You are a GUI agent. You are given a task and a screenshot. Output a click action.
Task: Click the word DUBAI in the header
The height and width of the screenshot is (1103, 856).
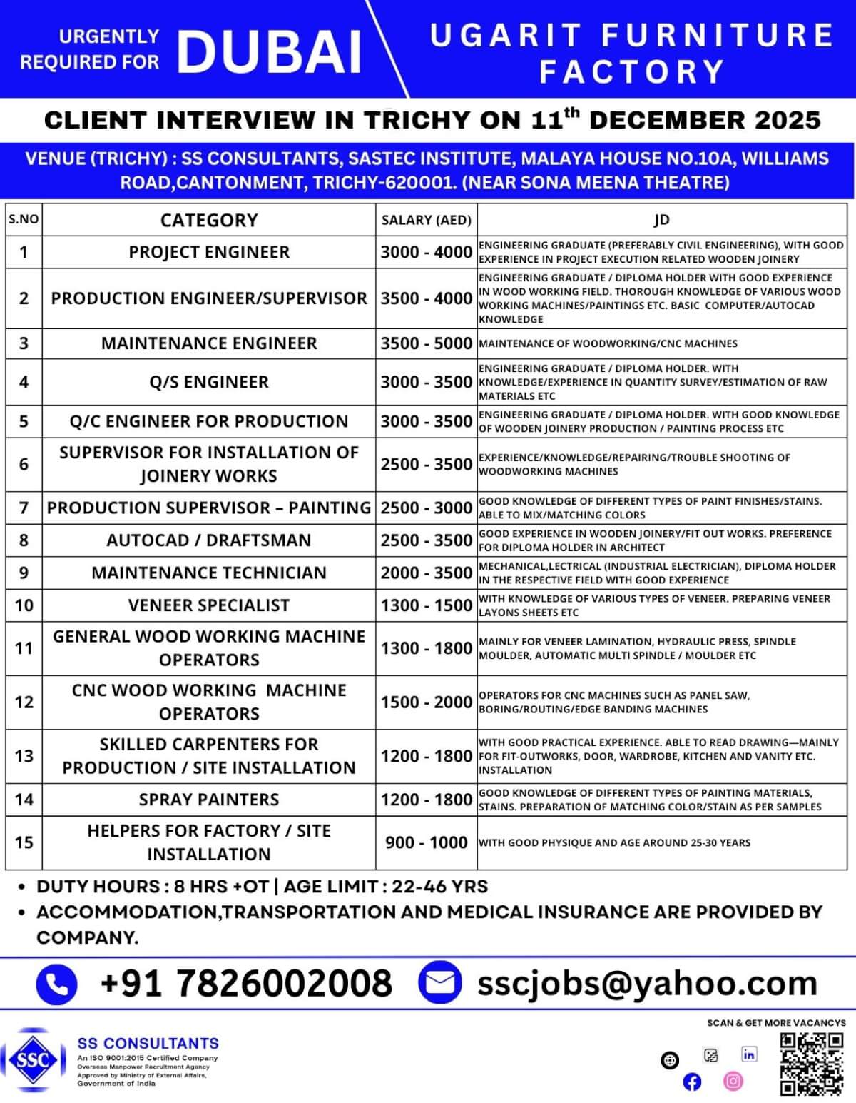(x=270, y=51)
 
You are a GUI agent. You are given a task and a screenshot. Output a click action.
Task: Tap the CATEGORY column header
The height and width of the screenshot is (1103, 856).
(x=208, y=220)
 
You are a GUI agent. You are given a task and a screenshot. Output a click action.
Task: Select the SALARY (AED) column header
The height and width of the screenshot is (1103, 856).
(x=426, y=220)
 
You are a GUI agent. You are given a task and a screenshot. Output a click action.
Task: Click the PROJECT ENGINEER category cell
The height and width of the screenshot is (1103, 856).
(x=208, y=252)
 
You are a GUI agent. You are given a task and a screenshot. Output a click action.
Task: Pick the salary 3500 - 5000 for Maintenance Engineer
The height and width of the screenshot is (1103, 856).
(x=426, y=343)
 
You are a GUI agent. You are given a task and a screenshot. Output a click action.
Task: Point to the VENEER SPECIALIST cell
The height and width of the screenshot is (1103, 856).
(x=208, y=605)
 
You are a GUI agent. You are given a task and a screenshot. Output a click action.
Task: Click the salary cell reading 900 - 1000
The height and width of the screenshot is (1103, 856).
(x=426, y=842)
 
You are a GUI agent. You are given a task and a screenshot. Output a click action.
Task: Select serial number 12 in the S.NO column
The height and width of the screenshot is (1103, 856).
(x=24, y=702)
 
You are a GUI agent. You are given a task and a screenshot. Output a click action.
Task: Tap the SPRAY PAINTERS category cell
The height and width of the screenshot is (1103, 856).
(x=208, y=800)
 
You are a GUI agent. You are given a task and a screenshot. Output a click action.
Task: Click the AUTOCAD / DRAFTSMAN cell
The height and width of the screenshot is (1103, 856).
(x=208, y=540)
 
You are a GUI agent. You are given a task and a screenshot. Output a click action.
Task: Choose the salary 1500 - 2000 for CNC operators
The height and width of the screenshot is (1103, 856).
(x=426, y=702)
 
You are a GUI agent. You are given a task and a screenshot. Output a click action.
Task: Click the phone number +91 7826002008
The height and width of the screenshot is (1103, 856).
(x=246, y=983)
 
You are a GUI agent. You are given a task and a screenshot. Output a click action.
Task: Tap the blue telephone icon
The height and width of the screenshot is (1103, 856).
(x=56, y=984)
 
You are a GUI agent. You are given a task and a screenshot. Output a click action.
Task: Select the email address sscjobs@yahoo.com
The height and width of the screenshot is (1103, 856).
(x=647, y=983)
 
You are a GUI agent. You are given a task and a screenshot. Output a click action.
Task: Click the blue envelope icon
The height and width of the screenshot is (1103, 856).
(x=439, y=982)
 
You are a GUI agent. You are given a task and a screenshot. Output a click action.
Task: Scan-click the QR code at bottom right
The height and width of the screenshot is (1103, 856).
(x=812, y=1063)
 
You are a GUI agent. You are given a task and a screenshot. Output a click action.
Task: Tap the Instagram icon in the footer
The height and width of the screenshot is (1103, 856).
(x=733, y=1081)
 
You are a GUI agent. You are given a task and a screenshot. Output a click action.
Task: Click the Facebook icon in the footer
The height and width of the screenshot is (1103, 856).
(x=692, y=1082)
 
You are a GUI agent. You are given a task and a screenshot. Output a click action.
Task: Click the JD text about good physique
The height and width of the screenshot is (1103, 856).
(x=614, y=842)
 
